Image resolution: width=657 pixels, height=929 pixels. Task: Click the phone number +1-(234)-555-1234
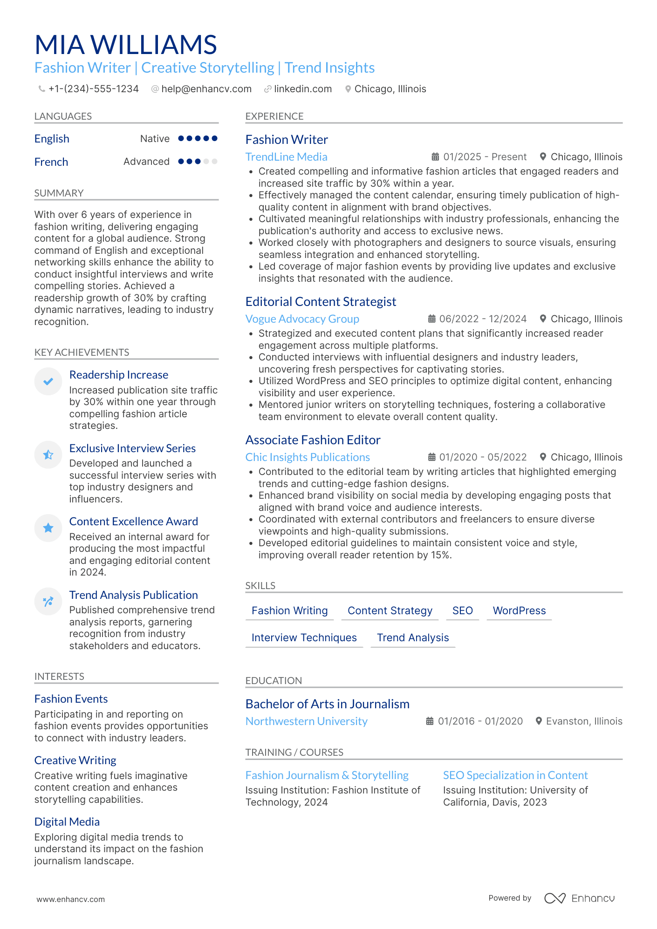(93, 89)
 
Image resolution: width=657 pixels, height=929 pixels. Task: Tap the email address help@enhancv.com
(206, 89)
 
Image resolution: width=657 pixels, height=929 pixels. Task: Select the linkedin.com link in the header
(302, 89)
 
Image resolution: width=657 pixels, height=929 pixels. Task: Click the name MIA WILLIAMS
(126, 45)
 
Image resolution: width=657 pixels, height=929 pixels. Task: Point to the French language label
(51, 162)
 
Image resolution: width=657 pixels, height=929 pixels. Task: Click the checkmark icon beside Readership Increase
(48, 381)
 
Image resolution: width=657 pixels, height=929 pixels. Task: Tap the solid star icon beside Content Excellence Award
(48, 528)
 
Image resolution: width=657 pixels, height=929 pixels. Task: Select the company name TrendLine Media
(286, 157)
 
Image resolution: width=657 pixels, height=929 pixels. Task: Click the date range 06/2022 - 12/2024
(482, 319)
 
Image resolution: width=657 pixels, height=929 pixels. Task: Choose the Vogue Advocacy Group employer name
(302, 319)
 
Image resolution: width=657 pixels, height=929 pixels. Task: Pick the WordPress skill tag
(519, 610)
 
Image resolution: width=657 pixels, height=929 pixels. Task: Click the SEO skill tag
(462, 610)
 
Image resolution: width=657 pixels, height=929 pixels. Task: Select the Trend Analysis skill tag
(412, 637)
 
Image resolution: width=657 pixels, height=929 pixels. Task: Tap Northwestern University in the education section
(306, 721)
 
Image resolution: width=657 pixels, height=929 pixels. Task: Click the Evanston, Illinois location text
(584, 721)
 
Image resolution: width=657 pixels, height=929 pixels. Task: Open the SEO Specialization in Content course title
(515, 775)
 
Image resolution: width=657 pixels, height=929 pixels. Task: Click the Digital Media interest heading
(67, 822)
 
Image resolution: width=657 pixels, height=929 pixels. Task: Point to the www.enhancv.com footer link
(71, 899)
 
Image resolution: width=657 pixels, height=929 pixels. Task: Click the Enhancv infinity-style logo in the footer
(554, 898)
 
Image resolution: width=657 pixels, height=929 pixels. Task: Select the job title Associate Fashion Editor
(313, 440)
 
